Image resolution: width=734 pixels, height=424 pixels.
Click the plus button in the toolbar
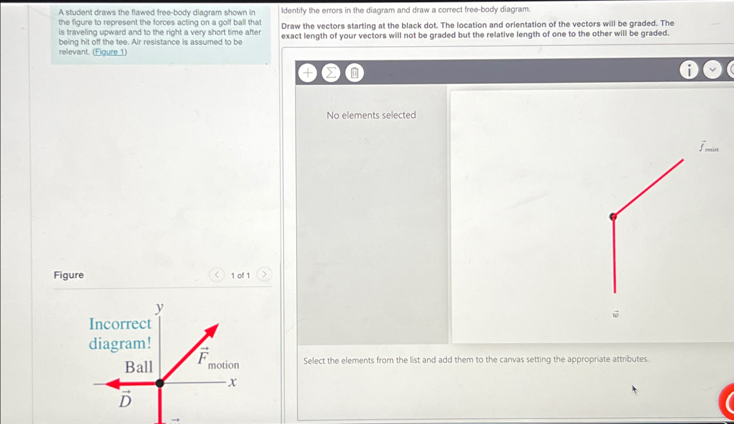point(308,73)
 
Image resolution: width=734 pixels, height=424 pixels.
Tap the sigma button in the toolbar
point(331,73)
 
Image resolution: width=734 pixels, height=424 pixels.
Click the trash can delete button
point(355,73)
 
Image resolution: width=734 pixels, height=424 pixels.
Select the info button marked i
point(689,70)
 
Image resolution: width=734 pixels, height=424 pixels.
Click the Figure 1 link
point(110,52)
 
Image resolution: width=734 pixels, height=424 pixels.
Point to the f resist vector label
point(708,147)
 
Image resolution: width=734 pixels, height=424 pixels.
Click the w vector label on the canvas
point(616,314)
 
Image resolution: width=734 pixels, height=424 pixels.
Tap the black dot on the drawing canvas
point(613,217)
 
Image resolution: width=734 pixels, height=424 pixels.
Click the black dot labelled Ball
point(160,383)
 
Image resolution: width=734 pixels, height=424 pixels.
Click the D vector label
point(125,400)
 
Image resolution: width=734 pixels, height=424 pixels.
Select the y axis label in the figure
point(159,307)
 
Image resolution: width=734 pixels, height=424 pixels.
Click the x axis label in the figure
point(232,383)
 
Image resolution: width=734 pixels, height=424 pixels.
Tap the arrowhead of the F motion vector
point(212,330)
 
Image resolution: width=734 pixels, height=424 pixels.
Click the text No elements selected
point(371,115)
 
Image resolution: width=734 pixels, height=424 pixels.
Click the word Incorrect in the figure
point(120,324)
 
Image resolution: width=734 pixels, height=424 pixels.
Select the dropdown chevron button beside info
point(712,70)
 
